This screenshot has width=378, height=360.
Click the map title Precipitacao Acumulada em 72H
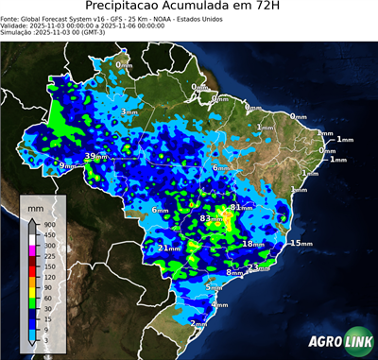click(188, 7)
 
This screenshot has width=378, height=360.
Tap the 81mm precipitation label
click(241, 207)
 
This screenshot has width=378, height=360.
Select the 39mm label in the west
click(96, 156)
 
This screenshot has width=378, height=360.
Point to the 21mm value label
click(169, 249)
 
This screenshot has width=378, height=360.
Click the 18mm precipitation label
click(253, 244)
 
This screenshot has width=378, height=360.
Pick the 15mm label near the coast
click(301, 244)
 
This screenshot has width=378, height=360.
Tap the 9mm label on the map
click(67, 166)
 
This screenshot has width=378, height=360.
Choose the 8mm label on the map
click(235, 273)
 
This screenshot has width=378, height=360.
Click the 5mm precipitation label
click(215, 286)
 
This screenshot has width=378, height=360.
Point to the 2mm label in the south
click(199, 323)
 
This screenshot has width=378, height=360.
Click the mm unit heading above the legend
click(35, 206)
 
